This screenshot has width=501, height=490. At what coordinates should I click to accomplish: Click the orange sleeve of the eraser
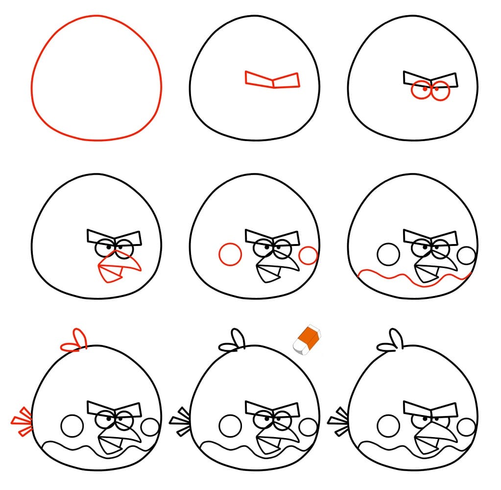[x=309, y=336]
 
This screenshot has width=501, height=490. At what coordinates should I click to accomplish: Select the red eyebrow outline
[x=272, y=80]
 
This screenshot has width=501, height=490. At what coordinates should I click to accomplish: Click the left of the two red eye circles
[x=420, y=91]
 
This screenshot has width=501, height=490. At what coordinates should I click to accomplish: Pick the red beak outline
[x=118, y=268]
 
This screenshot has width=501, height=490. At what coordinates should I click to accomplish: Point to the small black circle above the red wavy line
[x=467, y=255]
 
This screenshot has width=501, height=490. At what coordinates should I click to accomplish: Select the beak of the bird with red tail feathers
[x=118, y=439]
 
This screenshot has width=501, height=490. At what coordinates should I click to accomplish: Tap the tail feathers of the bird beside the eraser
[x=180, y=420]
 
